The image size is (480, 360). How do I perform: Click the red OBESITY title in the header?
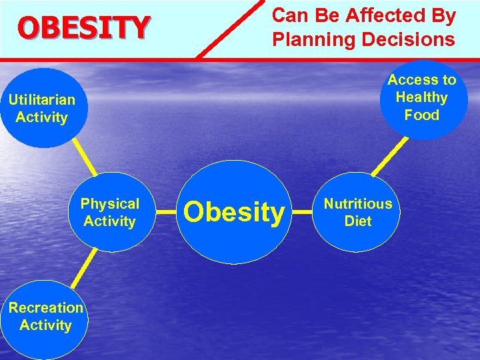pyautogui.click(x=84, y=27)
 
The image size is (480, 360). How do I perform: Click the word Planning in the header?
pyautogui.click(x=313, y=40)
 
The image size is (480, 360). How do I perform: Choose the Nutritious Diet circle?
pyautogui.click(x=358, y=212)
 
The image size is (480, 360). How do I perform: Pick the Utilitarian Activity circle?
pyautogui.click(x=41, y=109)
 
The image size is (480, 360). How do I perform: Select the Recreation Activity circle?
pyautogui.click(x=45, y=317)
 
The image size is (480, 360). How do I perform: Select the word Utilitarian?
pyautogui.click(x=41, y=100)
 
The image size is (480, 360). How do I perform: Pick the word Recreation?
pyautogui.click(x=46, y=308)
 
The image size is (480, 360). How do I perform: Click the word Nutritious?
pyautogui.click(x=358, y=203)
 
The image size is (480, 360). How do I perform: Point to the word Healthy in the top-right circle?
pyautogui.click(x=422, y=97)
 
